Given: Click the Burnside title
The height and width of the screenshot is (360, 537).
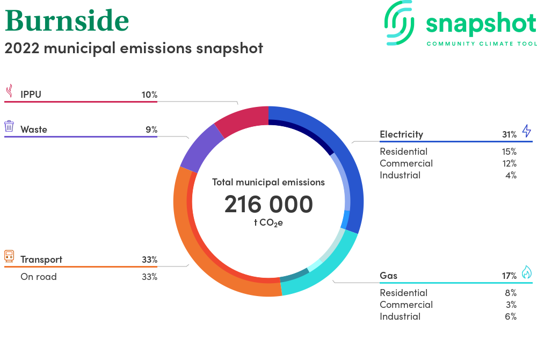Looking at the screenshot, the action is [x=67, y=20].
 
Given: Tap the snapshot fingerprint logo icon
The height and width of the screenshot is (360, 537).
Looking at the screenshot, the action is [x=399, y=23].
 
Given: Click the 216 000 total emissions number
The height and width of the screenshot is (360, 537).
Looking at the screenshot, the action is [x=268, y=204].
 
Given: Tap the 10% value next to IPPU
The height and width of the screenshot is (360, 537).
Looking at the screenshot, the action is [x=149, y=95].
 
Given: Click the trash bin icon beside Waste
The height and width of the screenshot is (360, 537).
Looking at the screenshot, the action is [x=9, y=126].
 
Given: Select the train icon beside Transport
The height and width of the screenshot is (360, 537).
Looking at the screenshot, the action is [x=9, y=256].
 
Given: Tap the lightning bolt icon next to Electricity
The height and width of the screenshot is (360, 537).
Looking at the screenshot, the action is [x=527, y=131].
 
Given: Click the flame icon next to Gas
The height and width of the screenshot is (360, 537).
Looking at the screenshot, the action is [x=527, y=272].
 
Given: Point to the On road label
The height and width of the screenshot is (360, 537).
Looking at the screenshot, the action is [x=38, y=277].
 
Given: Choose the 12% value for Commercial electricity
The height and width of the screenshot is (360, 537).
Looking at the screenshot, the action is [x=509, y=164].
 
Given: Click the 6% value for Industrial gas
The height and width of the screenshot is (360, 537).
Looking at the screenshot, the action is [x=511, y=316].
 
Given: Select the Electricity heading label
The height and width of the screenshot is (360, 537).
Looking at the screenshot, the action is [x=401, y=134].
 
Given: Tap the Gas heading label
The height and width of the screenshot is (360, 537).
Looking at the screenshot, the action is [x=388, y=276].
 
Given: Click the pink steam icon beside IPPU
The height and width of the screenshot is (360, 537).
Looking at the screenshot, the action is [x=10, y=91].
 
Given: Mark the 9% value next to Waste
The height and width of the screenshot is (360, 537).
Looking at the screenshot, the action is [x=151, y=129].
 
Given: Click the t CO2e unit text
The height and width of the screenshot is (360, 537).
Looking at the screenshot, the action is [x=268, y=223].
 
